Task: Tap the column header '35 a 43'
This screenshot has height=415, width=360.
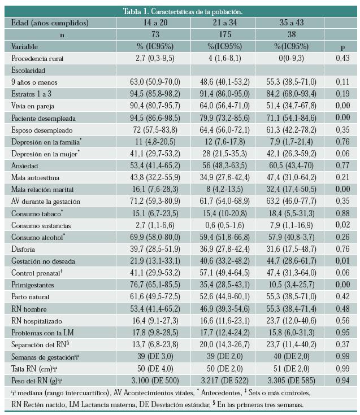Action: tap(287, 23)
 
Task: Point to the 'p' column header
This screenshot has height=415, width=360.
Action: tap(341, 46)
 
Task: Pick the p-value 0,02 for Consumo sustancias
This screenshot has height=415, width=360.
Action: tap(341, 225)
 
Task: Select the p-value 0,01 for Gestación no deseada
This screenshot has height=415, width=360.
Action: tap(341, 260)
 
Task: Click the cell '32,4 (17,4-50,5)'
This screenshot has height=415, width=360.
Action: tap(287, 189)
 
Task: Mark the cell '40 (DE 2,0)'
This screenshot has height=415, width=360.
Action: tap(287, 356)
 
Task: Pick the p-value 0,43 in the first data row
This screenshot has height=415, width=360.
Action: tap(341, 58)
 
